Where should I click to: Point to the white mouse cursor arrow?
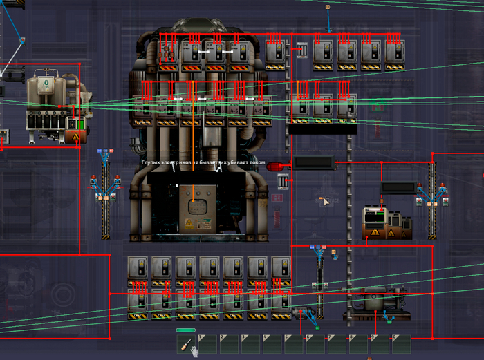[324, 200]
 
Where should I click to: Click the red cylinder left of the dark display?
[275, 165]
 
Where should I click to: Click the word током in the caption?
[257, 163]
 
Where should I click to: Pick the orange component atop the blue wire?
[328, 7]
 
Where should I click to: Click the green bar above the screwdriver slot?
[186, 330]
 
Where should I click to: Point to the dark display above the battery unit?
[398, 187]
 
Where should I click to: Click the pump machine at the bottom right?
[376, 302]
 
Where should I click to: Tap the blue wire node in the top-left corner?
[22, 40]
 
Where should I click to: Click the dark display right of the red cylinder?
[314, 163]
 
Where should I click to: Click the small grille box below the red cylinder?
[283, 181]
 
